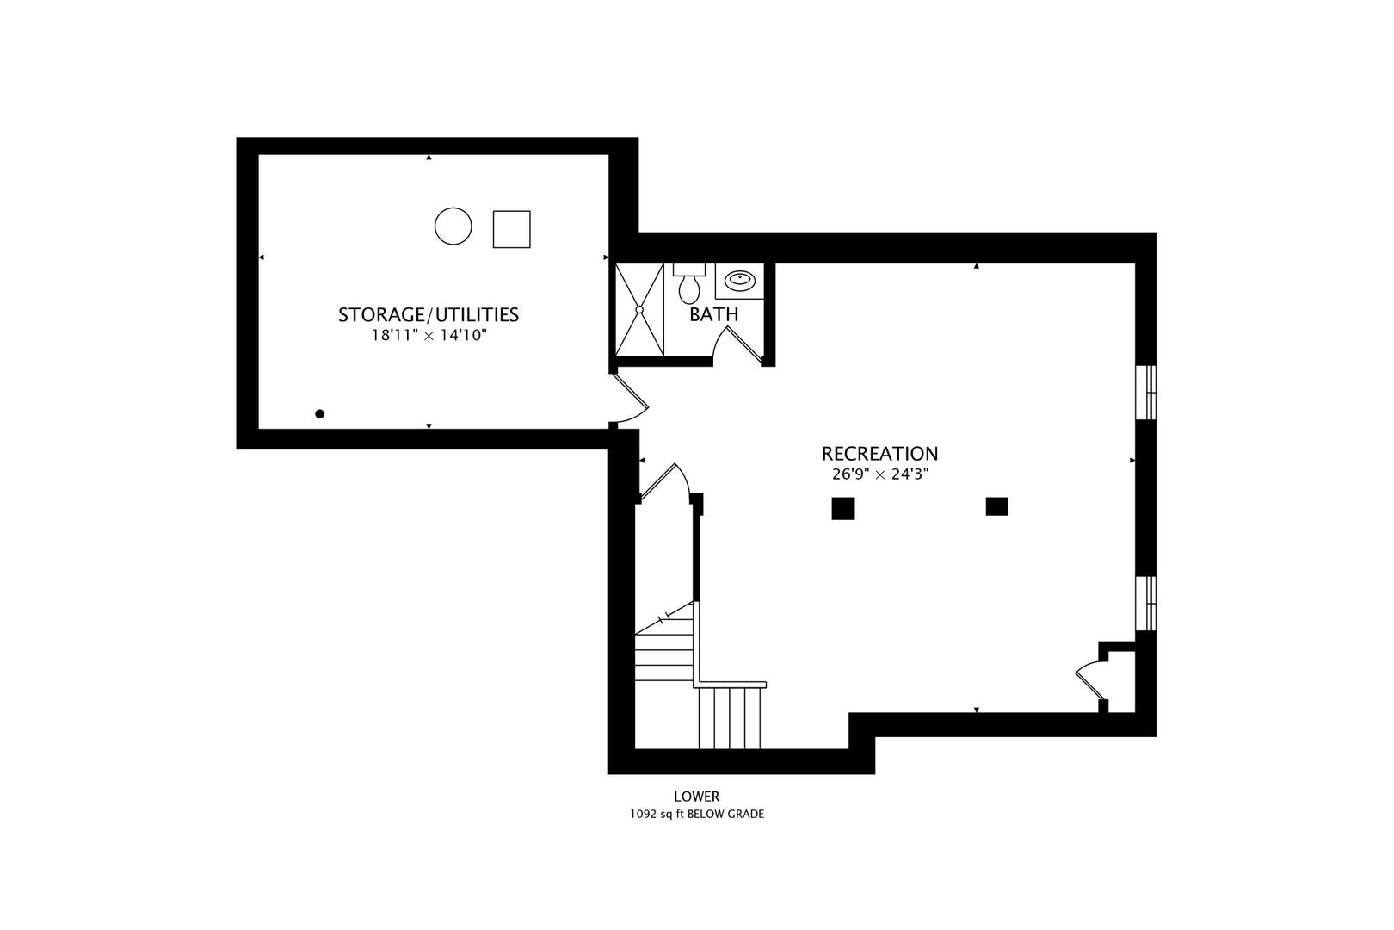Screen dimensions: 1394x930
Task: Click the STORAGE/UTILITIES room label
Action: [429, 314]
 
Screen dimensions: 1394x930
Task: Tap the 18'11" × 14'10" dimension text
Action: [429, 336]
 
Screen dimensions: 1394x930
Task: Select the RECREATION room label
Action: [879, 453]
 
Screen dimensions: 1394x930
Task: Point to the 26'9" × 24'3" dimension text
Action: [880, 474]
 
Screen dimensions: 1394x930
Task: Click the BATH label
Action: [714, 314]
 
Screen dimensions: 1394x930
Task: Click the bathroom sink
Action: [740, 281]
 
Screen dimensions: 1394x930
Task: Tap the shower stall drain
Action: [639, 309]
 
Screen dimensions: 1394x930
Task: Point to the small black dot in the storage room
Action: [320, 413]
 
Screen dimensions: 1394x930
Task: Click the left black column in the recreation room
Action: [843, 508]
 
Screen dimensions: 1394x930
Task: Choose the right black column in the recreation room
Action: [997, 506]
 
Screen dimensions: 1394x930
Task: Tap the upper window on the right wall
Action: [1145, 393]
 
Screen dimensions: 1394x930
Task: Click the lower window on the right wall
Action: [1145, 603]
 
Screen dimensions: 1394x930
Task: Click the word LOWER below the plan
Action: [696, 796]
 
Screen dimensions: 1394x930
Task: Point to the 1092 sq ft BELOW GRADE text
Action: [697, 814]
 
